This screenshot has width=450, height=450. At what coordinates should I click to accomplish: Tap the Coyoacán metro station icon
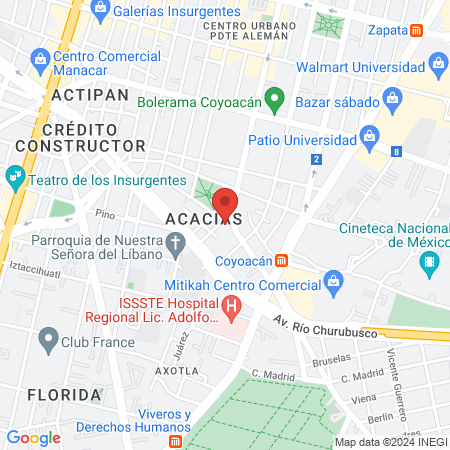[x=283, y=261]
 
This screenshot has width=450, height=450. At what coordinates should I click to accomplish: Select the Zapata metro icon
[x=417, y=31]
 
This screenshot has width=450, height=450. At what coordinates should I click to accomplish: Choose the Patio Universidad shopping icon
[x=369, y=135]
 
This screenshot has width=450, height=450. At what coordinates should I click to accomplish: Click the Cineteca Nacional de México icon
[x=430, y=265]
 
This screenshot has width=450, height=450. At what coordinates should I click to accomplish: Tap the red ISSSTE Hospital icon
[x=232, y=306]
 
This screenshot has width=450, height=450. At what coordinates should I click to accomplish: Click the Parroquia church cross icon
[x=176, y=241]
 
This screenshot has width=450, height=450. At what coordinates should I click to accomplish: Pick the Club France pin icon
[x=47, y=340]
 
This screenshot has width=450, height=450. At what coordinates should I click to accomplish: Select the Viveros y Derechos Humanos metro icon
[x=176, y=440]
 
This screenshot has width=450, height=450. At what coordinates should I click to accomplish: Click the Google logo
[x=33, y=437]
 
